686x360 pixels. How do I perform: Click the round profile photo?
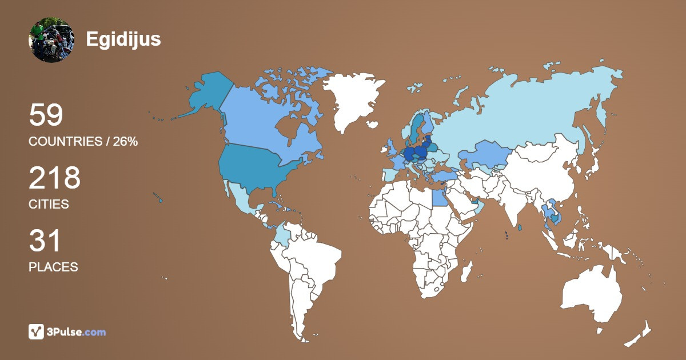pyautogui.click(x=51, y=39)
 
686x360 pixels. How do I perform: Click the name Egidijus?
pyautogui.click(x=123, y=39)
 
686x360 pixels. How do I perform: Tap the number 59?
pyautogui.click(x=46, y=115)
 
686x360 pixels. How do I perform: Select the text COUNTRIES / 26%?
pyautogui.click(x=83, y=142)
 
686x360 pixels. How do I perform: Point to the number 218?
pyautogui.click(x=54, y=178)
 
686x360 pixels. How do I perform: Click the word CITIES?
pyautogui.click(x=49, y=205)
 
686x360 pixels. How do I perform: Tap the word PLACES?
pyautogui.click(x=53, y=267)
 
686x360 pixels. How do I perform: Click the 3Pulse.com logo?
pyautogui.click(x=67, y=331)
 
